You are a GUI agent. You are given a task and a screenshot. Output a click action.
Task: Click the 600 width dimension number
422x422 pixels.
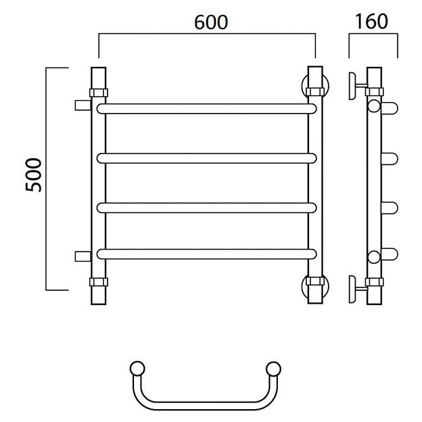coord(211,22)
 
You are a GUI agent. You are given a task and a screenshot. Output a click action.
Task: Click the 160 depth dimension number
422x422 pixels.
coord(371,21)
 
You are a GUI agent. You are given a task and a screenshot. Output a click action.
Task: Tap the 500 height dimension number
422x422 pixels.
coord(34,175)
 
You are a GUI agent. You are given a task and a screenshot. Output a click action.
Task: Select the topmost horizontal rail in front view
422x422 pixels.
coord(206,109)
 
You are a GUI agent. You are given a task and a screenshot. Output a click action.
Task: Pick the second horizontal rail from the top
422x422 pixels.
coord(206,158)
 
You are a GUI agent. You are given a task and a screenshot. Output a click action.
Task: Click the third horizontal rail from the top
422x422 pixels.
coord(206,208)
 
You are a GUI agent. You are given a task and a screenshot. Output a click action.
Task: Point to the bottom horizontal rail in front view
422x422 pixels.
coord(206,254)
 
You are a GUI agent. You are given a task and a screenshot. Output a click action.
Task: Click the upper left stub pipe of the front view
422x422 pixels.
coord(83,105)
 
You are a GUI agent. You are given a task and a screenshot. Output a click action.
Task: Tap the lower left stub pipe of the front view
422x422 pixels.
coord(83,256)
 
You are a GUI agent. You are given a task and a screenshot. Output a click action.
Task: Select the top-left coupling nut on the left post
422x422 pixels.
coord(99,93)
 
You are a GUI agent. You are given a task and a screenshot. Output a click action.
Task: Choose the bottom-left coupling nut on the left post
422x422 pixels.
coord(99,282)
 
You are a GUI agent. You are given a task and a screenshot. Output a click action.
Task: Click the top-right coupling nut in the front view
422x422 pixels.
coord(315,92)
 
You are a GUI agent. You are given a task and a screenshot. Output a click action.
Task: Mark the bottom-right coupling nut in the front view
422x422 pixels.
coord(315,281)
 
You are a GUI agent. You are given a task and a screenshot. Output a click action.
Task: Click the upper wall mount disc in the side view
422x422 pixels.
coord(352,86)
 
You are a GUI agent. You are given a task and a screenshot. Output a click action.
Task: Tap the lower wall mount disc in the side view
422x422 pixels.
coord(352,289)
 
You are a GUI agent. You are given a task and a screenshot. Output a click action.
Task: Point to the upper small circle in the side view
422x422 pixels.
coord(374,105)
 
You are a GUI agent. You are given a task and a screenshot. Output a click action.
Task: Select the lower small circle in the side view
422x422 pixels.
coord(374,257)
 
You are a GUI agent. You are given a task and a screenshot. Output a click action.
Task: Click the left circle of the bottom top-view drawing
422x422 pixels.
coord(137,369)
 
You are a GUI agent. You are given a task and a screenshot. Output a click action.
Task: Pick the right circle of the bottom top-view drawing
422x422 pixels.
coord(273,369)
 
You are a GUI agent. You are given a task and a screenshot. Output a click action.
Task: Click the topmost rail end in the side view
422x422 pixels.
coord(390,108)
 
